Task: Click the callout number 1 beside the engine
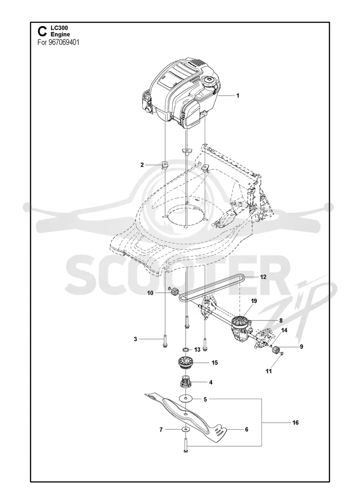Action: pyautogui.click(x=238, y=95)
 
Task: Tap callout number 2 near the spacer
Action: pyautogui.click(x=142, y=165)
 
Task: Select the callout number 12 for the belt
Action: pyautogui.click(x=263, y=277)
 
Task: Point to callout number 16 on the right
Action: pyautogui.click(x=295, y=423)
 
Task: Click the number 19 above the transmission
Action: pyautogui.click(x=254, y=301)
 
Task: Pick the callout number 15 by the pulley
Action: pyautogui.click(x=215, y=363)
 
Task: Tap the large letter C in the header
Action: pyautogui.click(x=41, y=31)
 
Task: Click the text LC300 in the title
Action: pyautogui.click(x=57, y=28)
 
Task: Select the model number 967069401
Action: pyautogui.click(x=64, y=42)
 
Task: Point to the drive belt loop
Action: pyautogui.click(x=211, y=288)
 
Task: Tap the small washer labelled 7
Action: pyautogui.click(x=185, y=429)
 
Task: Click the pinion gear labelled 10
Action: pyautogui.click(x=175, y=292)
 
